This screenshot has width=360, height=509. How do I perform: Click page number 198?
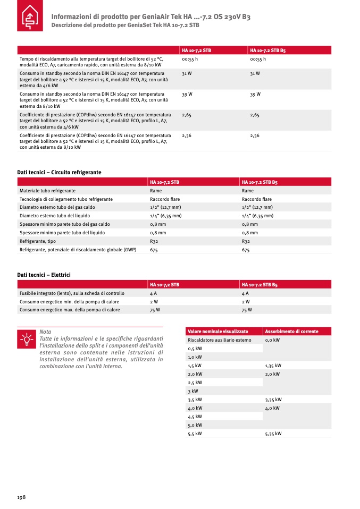tap(21, 497)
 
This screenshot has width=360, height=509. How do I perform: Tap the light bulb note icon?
tap(26, 338)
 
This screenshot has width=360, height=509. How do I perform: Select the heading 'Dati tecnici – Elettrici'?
tap(44, 275)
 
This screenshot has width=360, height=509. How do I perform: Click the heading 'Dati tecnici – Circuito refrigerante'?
tap(59, 172)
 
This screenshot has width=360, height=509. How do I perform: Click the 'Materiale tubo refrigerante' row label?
tap(47, 190)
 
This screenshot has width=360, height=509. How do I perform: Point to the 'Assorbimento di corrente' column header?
tap(291, 332)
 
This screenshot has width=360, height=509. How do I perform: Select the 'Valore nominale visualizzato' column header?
tap(217, 332)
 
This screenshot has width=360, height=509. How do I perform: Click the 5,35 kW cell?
tap(273, 434)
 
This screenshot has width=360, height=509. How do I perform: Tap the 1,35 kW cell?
tap(273, 366)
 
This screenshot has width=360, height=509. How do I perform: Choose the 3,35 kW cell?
tap(273, 400)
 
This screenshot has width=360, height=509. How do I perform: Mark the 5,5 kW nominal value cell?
tap(195, 434)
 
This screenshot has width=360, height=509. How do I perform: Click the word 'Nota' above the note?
tap(45, 332)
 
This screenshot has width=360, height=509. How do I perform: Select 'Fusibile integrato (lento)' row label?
tap(72, 293)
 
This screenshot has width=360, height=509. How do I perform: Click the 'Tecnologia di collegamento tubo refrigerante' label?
tap(66, 199)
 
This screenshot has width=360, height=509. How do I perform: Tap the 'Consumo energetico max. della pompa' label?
tap(70, 310)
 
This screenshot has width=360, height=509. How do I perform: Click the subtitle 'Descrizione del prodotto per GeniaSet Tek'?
tap(125, 25)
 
